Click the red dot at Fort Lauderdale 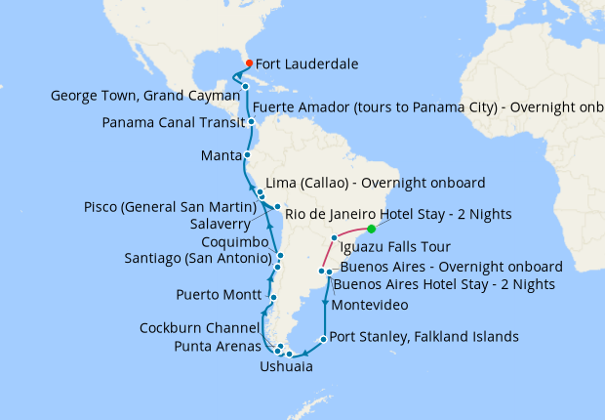pos(250,63)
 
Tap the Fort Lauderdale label pos(306,64)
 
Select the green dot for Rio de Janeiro pos(372,230)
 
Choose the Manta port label pos(221,155)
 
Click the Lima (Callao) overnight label pos(377,184)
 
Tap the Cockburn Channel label pos(199,328)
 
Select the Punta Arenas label pos(217,346)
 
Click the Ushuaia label pos(286,367)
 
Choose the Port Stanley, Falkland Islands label pos(424,338)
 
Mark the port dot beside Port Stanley pos(323,339)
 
